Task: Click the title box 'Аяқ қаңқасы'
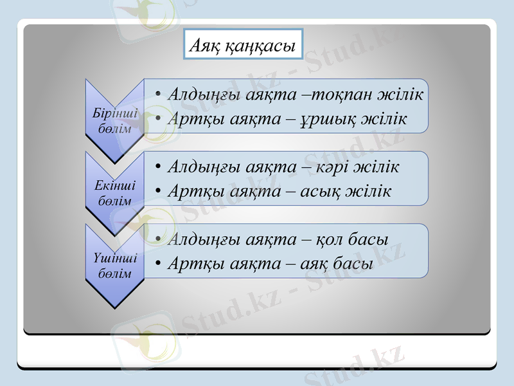[243, 44]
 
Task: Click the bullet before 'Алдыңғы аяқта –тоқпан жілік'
[157, 95]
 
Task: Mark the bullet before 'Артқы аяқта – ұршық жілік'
[157, 120]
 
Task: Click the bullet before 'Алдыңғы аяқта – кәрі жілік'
[157, 167]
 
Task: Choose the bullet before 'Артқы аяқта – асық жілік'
[157, 192]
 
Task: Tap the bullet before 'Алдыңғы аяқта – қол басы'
[157, 240]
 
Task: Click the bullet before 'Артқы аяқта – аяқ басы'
[157, 264]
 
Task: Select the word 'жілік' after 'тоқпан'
[402, 95]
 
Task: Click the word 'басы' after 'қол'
[368, 239]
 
